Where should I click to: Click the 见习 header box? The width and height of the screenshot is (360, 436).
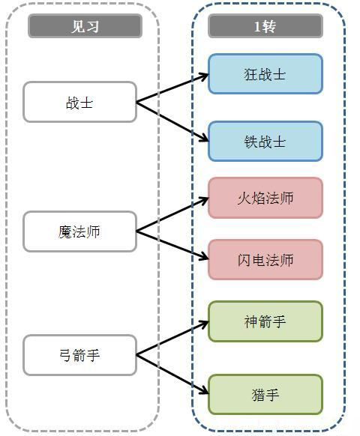(85, 26)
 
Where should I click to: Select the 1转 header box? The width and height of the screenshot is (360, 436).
(265, 26)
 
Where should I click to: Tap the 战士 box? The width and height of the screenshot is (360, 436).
(80, 102)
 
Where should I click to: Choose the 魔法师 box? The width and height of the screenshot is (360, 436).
(80, 231)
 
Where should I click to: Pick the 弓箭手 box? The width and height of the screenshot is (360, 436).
(80, 355)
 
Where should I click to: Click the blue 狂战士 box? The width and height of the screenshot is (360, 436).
(265, 74)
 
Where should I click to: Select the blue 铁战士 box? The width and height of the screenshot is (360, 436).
(265, 142)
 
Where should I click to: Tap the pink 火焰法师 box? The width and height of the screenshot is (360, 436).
(265, 198)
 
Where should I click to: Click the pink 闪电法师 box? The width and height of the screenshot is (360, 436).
(265, 260)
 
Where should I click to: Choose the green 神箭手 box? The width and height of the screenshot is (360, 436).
(265, 321)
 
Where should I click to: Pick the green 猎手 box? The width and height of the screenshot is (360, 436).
(265, 395)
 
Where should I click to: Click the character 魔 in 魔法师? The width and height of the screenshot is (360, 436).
(64, 232)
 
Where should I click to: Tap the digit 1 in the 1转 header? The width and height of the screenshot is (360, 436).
(256, 26)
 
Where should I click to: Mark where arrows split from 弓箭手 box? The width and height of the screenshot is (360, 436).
(136, 355)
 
